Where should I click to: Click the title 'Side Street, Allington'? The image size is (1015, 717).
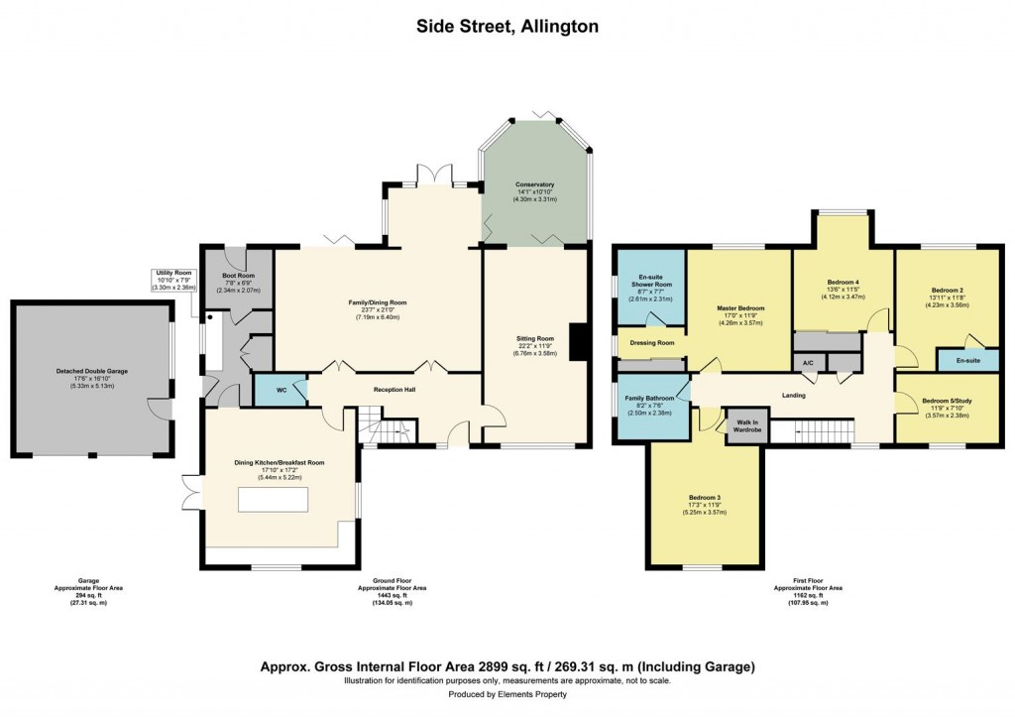tap(507, 27)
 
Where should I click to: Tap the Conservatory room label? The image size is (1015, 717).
tap(534, 184)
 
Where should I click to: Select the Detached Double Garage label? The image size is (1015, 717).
tap(91, 371)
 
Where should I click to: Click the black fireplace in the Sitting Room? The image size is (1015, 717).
tap(580, 342)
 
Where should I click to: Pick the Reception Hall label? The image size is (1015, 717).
tap(394, 390)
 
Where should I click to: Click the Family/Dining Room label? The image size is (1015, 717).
tap(377, 302)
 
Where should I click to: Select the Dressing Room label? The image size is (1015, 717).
tap(651, 343)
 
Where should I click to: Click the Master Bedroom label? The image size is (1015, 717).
tap(740, 308)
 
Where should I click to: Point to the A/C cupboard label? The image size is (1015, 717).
tap(808, 363)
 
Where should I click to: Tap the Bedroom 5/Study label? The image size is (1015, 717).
tap(947, 401)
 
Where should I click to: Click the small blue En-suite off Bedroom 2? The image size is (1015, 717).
tap(967, 361)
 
